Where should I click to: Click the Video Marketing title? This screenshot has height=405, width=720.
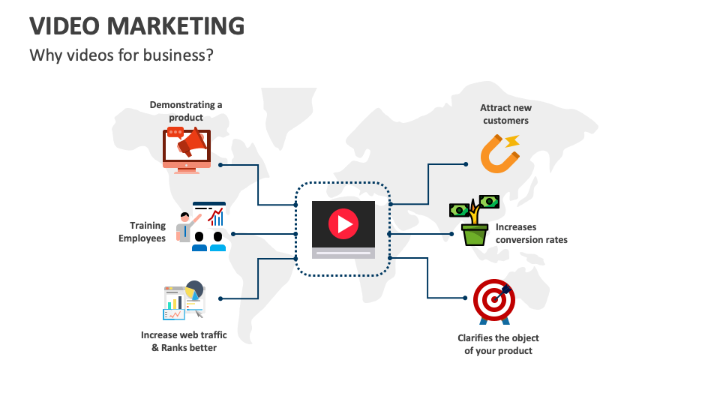pyautogui.click(x=136, y=26)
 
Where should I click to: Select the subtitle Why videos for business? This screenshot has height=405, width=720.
pyautogui.click(x=121, y=55)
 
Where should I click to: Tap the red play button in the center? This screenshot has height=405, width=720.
pyautogui.click(x=343, y=223)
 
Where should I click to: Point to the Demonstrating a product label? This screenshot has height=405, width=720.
pyautogui.click(x=186, y=111)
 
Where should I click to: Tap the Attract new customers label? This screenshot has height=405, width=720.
pyautogui.click(x=505, y=114)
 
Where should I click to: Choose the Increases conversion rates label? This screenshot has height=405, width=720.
pyautogui.click(x=531, y=233)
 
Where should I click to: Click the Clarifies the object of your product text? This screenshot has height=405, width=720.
pyautogui.click(x=498, y=344)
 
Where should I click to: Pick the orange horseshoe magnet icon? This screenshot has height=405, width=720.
pyautogui.click(x=499, y=153)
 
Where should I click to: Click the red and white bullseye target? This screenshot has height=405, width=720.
pyautogui.click(x=493, y=300)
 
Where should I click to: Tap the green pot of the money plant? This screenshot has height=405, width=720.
pyautogui.click(x=474, y=235)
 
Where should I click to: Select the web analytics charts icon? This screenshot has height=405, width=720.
pyautogui.click(x=184, y=301)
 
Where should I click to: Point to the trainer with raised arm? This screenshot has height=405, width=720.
pyautogui.click(x=185, y=226)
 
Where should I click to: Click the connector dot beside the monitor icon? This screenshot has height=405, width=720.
pyautogui.click(x=220, y=164)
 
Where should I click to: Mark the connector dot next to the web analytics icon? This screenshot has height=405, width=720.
pyautogui.click(x=220, y=298)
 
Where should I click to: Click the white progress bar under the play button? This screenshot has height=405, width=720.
pyautogui.click(x=343, y=253)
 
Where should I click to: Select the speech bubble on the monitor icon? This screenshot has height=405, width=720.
pyautogui.click(x=175, y=133)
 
